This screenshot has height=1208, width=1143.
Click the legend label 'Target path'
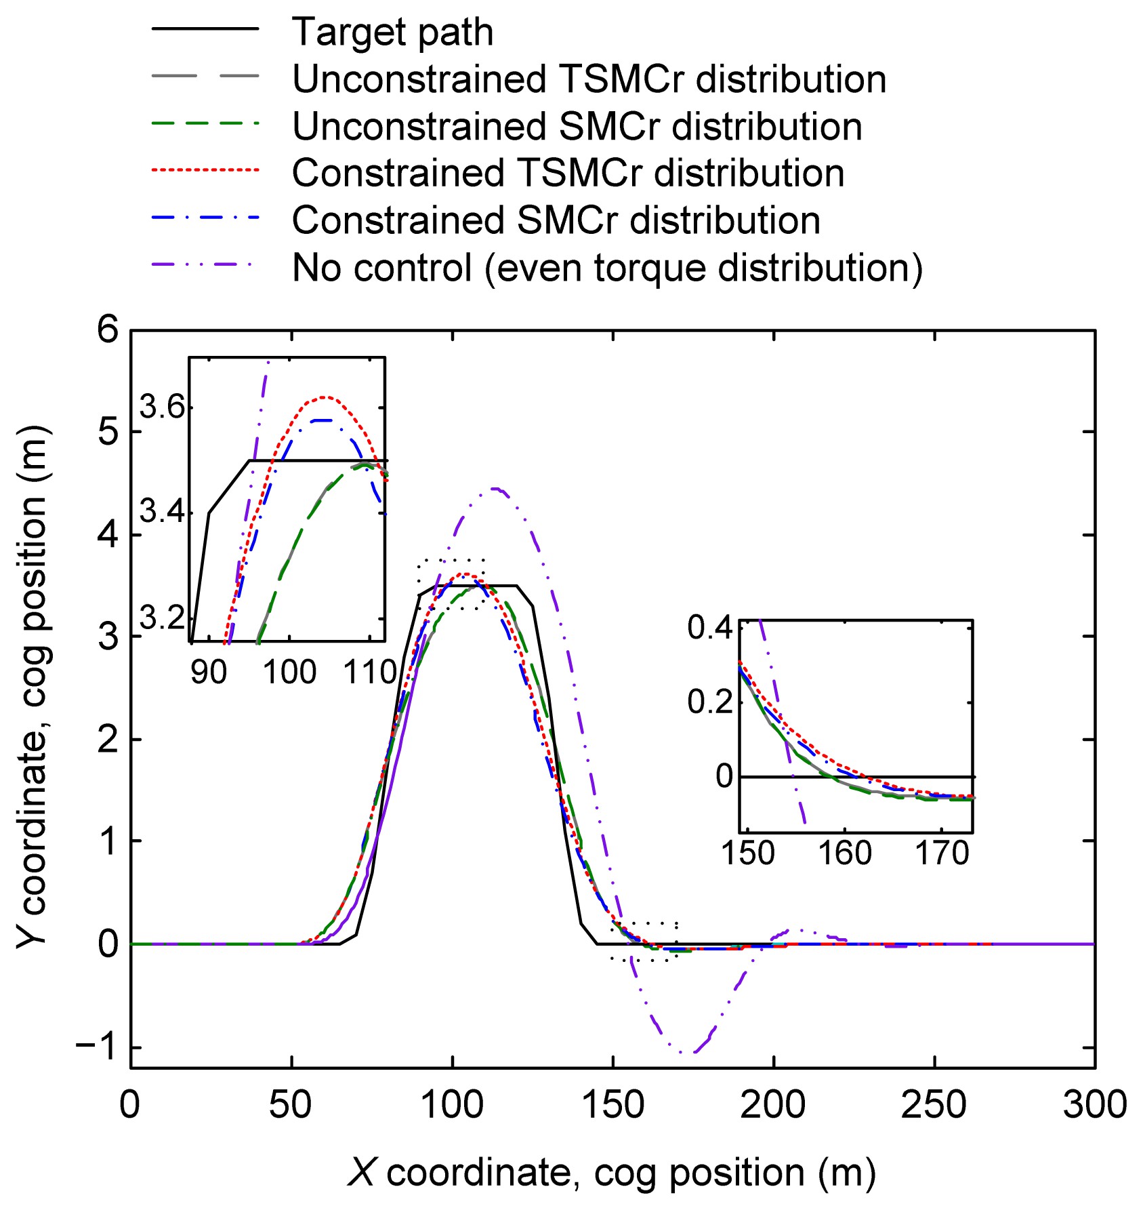coord(392,32)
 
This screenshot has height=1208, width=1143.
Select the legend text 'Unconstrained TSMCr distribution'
coord(589,79)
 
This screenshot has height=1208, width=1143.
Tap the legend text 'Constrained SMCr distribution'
coord(556,220)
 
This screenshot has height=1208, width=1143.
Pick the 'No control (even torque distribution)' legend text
coord(607,268)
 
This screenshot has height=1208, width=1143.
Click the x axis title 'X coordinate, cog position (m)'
coord(611,1172)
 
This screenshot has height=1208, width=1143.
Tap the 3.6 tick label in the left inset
coord(162,408)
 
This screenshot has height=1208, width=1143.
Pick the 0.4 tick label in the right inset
coord(710,628)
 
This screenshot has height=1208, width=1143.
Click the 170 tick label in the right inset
coord(942,853)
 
